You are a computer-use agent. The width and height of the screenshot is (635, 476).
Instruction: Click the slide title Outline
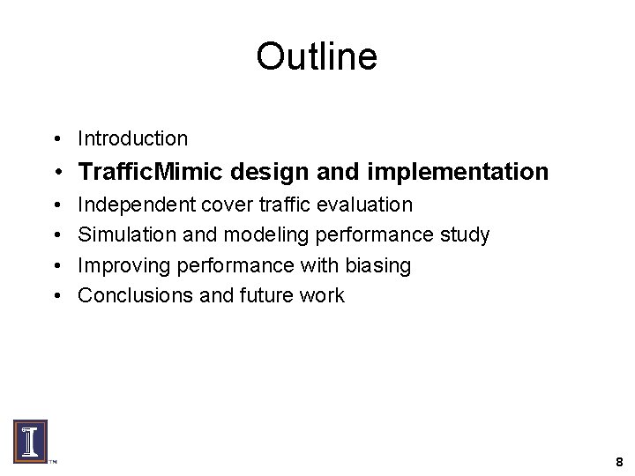point(317,57)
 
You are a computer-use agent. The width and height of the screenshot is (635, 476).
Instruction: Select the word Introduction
point(132,138)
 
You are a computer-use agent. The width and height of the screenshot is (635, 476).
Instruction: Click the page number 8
point(619,462)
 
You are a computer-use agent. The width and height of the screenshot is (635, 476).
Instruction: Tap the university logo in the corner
point(30,441)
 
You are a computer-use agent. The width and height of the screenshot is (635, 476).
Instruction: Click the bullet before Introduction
point(56,139)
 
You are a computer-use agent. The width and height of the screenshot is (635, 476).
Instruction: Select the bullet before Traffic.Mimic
point(56,172)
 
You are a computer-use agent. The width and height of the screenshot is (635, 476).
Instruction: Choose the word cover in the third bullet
point(226,205)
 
